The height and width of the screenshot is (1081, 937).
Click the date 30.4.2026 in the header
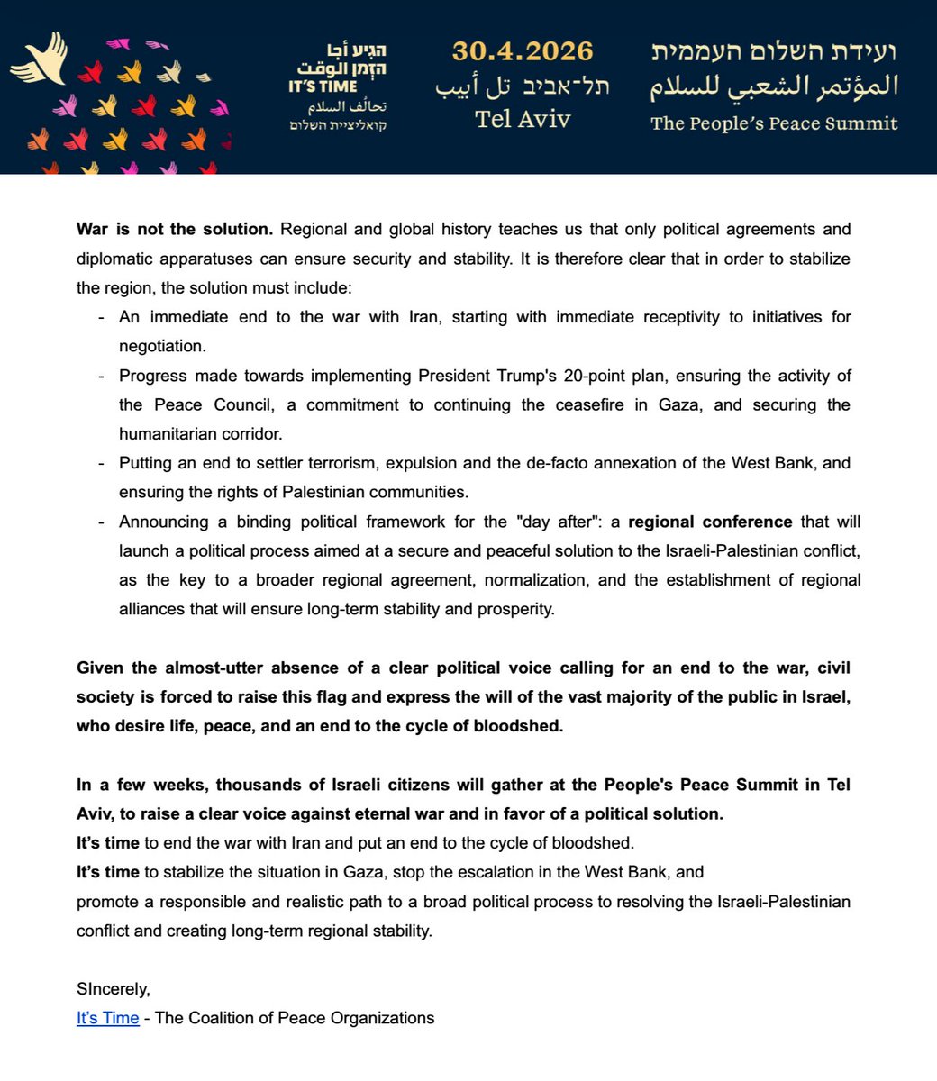[x=523, y=50]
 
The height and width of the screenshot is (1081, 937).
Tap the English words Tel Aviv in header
[x=523, y=118]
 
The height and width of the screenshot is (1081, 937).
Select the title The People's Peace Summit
[x=774, y=123]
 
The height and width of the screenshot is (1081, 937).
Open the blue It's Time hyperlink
[x=108, y=1018]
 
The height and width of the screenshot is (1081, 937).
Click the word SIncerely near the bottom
[x=114, y=989]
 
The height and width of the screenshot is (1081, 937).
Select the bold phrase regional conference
[x=710, y=522]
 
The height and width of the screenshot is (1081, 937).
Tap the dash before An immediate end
[x=99, y=317]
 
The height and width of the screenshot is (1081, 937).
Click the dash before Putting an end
[x=99, y=463]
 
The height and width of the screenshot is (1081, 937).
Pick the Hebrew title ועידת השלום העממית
[x=774, y=50]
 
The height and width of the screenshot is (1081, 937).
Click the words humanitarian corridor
[x=201, y=433]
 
